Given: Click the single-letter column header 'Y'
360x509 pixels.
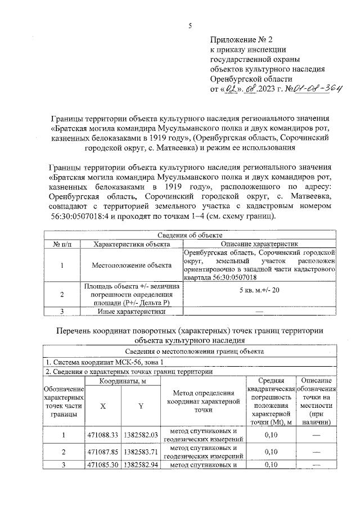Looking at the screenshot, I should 141,406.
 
